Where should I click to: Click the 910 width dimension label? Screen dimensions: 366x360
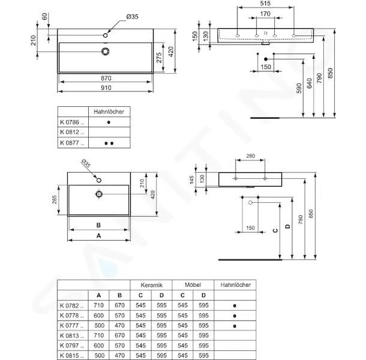(106, 88)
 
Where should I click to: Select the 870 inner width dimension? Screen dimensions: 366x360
(106, 78)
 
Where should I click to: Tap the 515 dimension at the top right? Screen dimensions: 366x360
(265, 3)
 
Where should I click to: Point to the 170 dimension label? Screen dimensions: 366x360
(265, 14)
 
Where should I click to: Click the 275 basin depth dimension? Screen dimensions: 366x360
(159, 58)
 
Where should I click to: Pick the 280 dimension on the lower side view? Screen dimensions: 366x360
(250, 156)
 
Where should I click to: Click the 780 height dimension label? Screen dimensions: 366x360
(301, 220)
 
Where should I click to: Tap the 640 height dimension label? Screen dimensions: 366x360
(309, 83)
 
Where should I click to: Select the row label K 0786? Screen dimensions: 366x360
(72, 122)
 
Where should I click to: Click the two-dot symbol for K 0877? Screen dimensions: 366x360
(109, 143)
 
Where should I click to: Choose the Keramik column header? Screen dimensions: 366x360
(151, 285)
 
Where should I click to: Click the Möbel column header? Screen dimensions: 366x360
(193, 285)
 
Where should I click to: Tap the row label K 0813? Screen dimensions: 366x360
(71, 335)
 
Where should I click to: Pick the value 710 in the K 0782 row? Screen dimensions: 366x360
(98, 305)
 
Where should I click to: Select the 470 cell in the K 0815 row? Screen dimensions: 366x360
(119, 356)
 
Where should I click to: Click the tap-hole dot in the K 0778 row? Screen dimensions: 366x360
(235, 316)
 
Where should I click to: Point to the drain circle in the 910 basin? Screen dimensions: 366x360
(106, 52)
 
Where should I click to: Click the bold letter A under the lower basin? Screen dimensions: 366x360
(99, 236)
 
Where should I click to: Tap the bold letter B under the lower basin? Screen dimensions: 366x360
(98, 225)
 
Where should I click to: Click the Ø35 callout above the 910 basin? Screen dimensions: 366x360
(133, 17)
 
